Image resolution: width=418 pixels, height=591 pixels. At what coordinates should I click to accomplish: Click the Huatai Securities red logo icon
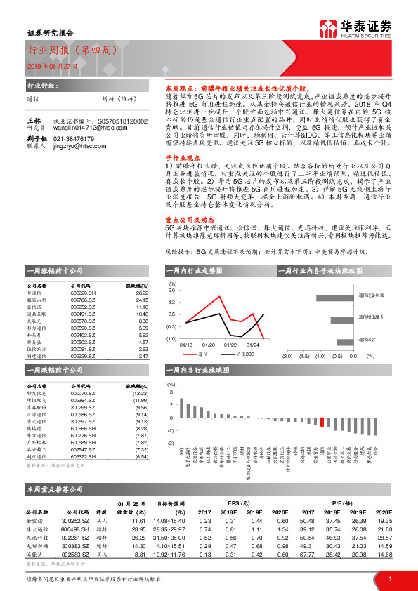(330, 29)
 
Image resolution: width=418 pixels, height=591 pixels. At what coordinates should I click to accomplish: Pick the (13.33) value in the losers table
(140, 394)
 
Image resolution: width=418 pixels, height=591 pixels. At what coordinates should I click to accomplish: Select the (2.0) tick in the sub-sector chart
(287, 356)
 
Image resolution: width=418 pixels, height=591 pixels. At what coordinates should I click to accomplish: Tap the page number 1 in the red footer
(389, 578)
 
